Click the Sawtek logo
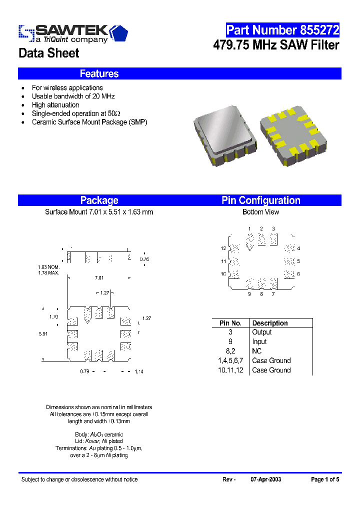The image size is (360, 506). pyautogui.click(x=73, y=33)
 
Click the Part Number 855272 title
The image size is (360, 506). pyautogui.click(x=282, y=30)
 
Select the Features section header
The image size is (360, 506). pyautogui.click(x=99, y=74)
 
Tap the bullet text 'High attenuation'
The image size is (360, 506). pyautogui.click(x=55, y=105)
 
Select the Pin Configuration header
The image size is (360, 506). pyautogui.click(x=260, y=200)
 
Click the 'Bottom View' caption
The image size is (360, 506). pyautogui.click(x=260, y=212)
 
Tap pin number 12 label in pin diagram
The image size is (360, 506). pyautogui.click(x=223, y=248)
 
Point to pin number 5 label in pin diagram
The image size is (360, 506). pyautogui.click(x=298, y=261)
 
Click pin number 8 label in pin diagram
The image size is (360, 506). pyautogui.click(x=261, y=294)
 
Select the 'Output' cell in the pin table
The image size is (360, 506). pyautogui.click(x=262, y=332)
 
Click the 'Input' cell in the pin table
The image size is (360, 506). pyautogui.click(x=259, y=342)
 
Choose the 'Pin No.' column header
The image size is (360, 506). pyautogui.click(x=230, y=323)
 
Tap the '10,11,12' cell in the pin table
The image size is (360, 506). pyautogui.click(x=230, y=370)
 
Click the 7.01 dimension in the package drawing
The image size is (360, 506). pyautogui.click(x=99, y=278)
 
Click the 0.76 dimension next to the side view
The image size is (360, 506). pyautogui.click(x=144, y=259)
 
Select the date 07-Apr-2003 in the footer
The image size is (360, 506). pyautogui.click(x=265, y=479)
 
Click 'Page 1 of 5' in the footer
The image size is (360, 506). pyautogui.click(x=325, y=479)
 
